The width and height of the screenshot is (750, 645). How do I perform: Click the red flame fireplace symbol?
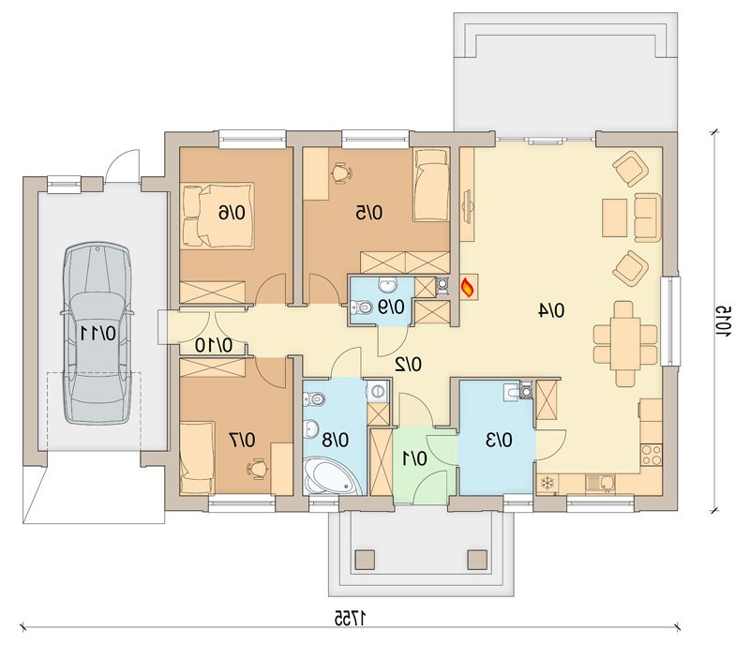point(468,287)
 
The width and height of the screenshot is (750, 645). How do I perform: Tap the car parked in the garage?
point(97,333)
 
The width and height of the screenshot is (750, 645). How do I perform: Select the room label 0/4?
point(551,310)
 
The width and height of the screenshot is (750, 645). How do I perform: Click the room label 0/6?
point(232,212)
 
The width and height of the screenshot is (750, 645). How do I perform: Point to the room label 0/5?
point(368,212)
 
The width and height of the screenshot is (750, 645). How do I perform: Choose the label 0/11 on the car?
point(97,333)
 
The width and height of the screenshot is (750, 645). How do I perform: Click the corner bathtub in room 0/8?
point(329,475)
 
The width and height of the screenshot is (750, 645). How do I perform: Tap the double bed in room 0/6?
point(217,215)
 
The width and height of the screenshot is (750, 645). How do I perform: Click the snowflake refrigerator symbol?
point(547,484)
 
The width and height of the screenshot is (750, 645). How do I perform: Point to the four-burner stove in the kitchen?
point(651,455)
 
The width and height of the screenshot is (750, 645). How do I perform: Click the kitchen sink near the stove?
point(601,483)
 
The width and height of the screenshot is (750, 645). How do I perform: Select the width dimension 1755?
point(351,618)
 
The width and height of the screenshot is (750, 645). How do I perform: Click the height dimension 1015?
point(723,321)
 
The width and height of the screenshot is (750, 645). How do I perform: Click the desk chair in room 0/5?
point(341,172)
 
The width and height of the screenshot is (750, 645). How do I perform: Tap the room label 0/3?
point(499,440)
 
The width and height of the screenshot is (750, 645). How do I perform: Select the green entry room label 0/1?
point(414,458)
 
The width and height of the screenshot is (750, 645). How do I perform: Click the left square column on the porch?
point(365,559)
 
